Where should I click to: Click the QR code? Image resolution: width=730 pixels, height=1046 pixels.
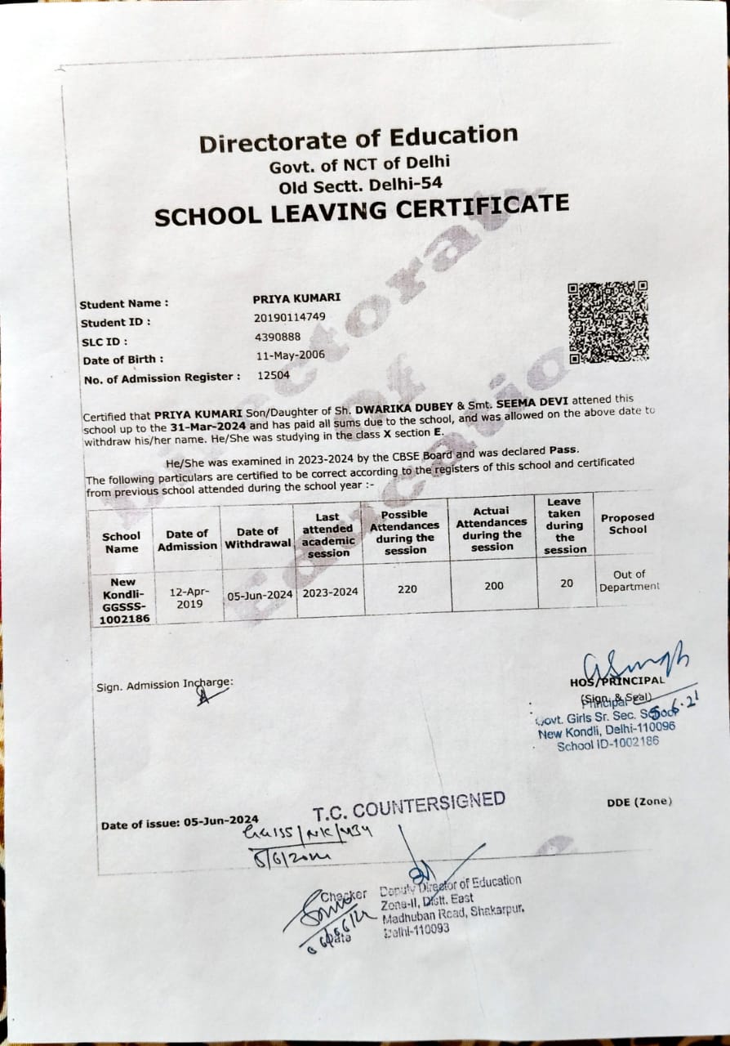click(x=608, y=322)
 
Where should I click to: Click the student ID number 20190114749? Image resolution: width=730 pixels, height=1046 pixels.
click(x=290, y=317)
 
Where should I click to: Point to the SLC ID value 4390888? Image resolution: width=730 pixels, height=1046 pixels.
click(x=278, y=336)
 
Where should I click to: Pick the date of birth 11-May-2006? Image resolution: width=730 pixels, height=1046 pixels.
click(x=291, y=355)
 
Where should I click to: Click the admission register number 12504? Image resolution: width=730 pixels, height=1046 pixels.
click(x=274, y=375)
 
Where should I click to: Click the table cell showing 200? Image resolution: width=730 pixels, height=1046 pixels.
click(x=494, y=585)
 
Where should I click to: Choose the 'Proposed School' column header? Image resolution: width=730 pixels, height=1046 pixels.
click(x=627, y=523)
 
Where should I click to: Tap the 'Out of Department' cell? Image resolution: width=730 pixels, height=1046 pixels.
click(x=629, y=580)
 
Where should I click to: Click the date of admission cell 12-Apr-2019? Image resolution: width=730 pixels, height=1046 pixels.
click(x=189, y=597)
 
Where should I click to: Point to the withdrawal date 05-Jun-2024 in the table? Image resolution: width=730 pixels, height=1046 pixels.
click(x=260, y=594)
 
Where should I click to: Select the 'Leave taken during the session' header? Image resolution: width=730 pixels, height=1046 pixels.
click(x=564, y=525)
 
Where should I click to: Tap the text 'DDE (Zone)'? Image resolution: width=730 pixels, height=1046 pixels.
click(x=639, y=802)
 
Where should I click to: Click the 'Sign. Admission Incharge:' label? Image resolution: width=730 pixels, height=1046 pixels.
click(x=164, y=685)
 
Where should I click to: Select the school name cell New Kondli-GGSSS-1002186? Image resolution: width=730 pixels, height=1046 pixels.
click(x=122, y=601)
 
